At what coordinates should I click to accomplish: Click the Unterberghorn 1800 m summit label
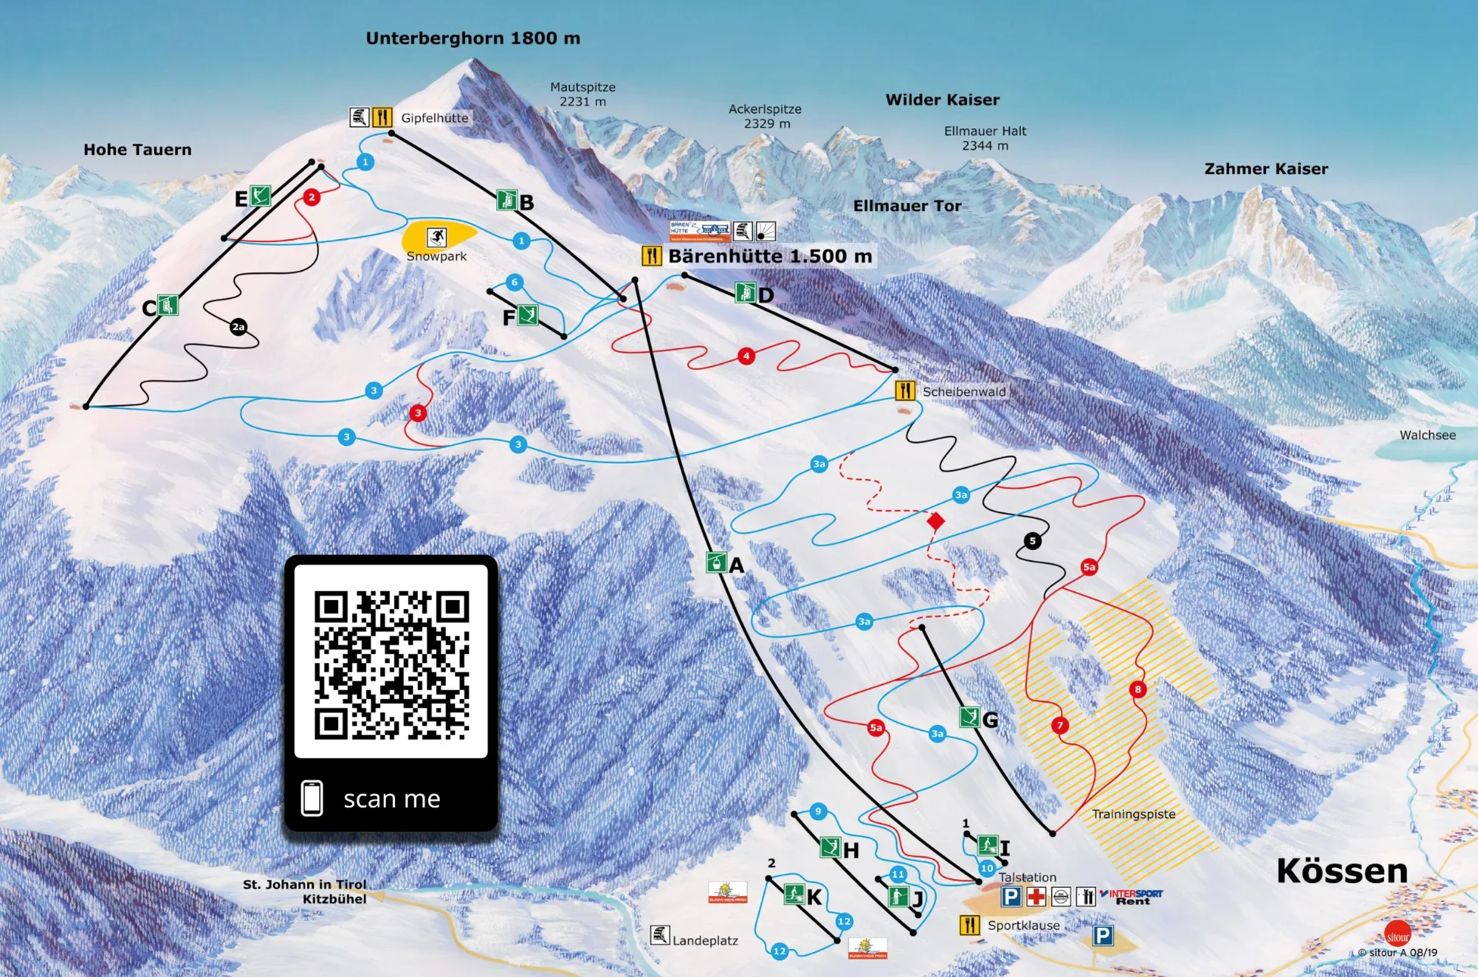click(x=473, y=39)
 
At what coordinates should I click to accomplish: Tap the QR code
click(x=391, y=664)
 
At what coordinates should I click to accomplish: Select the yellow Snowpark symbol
click(x=437, y=237)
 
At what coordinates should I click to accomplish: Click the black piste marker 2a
click(x=238, y=327)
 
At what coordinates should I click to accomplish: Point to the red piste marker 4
click(x=746, y=356)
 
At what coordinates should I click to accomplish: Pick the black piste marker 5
click(x=1032, y=540)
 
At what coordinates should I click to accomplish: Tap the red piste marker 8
click(x=1137, y=689)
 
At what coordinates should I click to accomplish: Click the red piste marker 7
click(x=1059, y=725)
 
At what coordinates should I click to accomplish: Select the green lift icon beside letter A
click(x=716, y=562)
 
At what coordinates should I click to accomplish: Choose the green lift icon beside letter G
click(x=969, y=717)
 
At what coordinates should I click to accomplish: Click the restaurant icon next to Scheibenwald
click(x=905, y=390)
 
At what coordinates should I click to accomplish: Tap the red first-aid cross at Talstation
click(x=1036, y=897)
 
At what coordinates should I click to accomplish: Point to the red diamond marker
click(x=936, y=521)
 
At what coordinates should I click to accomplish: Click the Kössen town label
click(x=1342, y=871)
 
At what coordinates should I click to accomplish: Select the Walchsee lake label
click(x=1427, y=435)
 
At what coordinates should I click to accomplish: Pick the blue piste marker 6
click(x=515, y=282)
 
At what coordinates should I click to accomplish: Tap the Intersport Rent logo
click(x=1132, y=897)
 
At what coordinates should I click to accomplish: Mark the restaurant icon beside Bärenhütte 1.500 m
click(x=652, y=256)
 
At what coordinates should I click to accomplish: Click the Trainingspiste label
click(x=1133, y=814)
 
